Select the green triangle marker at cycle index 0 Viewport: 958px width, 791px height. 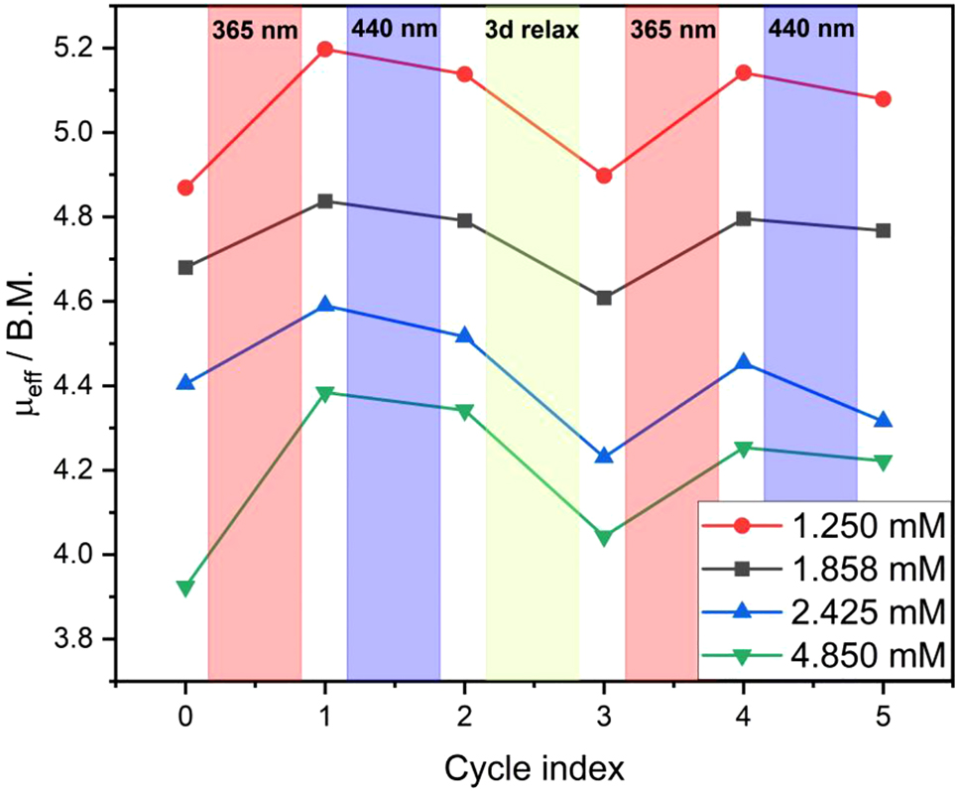click(x=185, y=588)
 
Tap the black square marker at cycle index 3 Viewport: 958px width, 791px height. click(x=604, y=298)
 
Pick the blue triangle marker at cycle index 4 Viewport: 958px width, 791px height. click(x=744, y=363)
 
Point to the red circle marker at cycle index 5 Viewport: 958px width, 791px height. click(x=883, y=99)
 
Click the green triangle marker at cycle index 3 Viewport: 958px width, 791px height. click(x=604, y=538)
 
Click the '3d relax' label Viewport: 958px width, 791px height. click(x=532, y=30)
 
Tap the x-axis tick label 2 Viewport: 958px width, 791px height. click(x=464, y=717)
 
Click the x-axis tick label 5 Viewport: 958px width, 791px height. click(x=883, y=717)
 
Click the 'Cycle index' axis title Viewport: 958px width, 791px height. click(x=534, y=767)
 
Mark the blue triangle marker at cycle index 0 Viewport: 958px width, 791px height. click(x=185, y=382)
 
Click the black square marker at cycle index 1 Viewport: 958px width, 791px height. click(x=325, y=201)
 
